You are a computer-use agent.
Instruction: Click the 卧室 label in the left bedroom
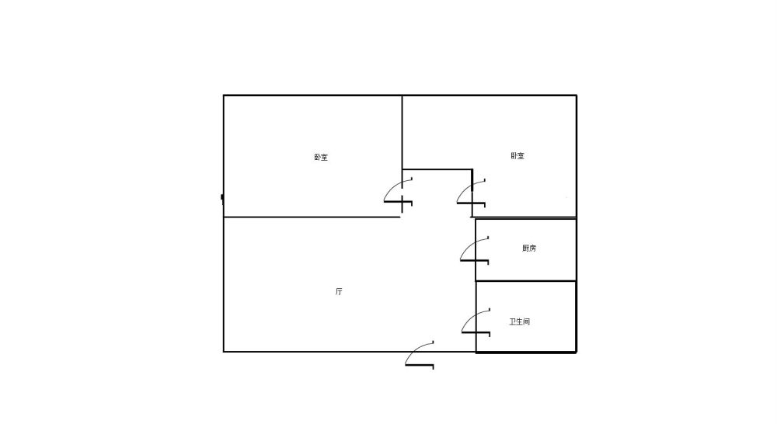(x=321, y=158)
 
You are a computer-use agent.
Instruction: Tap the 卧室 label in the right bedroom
(x=517, y=156)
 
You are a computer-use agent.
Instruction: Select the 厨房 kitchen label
(x=528, y=248)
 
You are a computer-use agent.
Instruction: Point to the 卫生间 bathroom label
(x=519, y=321)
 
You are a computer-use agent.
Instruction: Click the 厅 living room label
(x=339, y=291)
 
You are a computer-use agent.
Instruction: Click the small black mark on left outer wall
(x=222, y=198)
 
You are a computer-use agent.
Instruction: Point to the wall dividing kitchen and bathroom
(x=526, y=281)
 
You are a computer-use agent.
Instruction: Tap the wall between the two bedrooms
(x=402, y=132)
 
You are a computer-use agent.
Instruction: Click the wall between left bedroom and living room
(x=312, y=217)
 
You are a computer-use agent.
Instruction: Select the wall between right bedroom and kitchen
(x=524, y=218)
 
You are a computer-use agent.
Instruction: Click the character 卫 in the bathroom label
(x=513, y=321)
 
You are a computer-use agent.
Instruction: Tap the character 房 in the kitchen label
(x=532, y=248)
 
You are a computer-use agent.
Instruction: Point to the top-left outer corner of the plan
(x=224, y=95)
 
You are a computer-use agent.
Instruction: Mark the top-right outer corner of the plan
(x=577, y=95)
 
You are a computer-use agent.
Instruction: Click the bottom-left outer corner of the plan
(x=224, y=352)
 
